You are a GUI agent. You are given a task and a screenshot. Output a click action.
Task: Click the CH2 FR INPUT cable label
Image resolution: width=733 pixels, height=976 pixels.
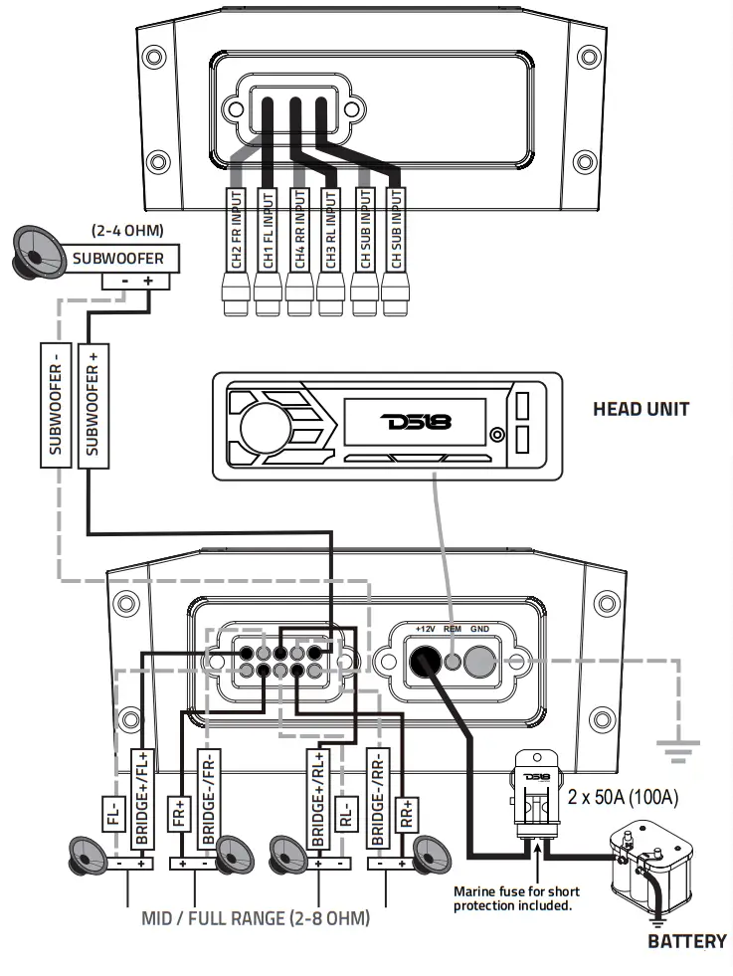pos(237,229)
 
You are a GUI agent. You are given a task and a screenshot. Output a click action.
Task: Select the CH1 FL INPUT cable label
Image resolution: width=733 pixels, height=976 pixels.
pos(268,229)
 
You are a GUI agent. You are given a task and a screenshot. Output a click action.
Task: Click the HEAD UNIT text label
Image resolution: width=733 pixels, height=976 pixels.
pos(641,408)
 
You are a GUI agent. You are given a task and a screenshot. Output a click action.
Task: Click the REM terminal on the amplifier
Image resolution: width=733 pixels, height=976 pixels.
pos(453,660)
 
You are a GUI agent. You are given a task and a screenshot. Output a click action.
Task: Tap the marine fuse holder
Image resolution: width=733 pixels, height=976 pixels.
pos(535,796)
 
